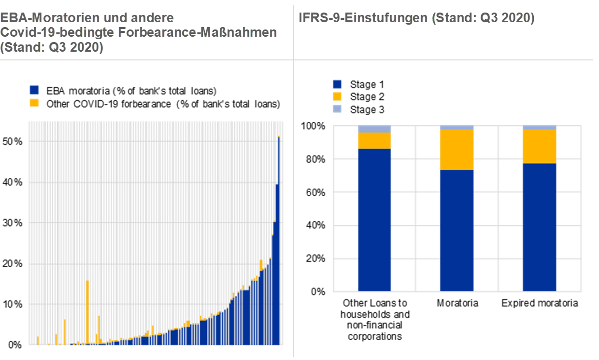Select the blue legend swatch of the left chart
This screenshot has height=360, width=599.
tap(34, 89)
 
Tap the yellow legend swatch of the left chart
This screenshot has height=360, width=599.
tap(34, 102)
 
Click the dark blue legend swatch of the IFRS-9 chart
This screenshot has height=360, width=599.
tap(337, 85)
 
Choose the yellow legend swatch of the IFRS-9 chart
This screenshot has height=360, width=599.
tap(337, 96)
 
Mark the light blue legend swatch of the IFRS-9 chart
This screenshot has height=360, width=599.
tap(337, 108)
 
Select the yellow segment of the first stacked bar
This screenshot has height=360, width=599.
tap(374, 141)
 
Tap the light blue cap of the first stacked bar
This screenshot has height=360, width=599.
tap(374, 129)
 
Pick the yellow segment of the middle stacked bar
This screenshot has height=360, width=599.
tap(456, 150)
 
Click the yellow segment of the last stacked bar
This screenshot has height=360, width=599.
tap(540, 146)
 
